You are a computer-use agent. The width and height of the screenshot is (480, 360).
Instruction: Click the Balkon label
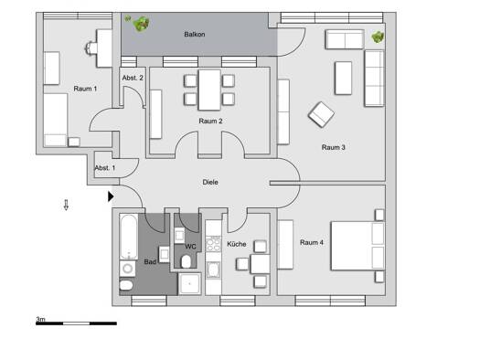pyautogui.click(x=195, y=34)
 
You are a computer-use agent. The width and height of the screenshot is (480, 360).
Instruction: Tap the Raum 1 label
pyautogui.click(x=85, y=89)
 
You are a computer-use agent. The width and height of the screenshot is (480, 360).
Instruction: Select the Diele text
pyautogui.click(x=210, y=182)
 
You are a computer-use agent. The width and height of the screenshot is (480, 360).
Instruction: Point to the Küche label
pyautogui.click(x=236, y=244)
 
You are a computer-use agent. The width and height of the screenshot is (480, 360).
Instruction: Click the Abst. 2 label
pyautogui.click(x=133, y=78)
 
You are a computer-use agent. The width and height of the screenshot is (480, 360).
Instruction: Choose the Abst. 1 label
pyautogui.click(x=105, y=168)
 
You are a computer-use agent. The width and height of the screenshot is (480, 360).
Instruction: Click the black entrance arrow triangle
pyautogui.click(x=111, y=196)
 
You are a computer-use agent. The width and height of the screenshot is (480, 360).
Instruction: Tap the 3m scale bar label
pyautogui.click(x=41, y=319)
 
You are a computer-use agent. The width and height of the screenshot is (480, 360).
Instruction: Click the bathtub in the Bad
pyautogui.click(x=128, y=237)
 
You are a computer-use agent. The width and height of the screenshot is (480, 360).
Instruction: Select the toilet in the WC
pyautogui.click(x=186, y=261)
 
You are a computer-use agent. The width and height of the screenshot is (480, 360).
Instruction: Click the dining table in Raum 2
pyautogui.click(x=209, y=90)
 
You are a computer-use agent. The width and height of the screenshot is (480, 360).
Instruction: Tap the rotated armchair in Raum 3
pyautogui.click(x=321, y=114)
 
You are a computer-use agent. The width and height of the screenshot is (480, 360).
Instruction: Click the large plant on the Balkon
pyautogui.click(x=142, y=24)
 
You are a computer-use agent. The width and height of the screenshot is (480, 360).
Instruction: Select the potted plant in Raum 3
pyautogui.click(x=379, y=37)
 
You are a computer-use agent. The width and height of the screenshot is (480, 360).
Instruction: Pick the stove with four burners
pyautogui.click(x=213, y=244)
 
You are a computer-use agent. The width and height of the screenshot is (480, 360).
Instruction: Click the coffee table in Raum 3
pyautogui.click(x=343, y=78)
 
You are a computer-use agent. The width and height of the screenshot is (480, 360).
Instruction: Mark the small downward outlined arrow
pyautogui.click(x=66, y=205)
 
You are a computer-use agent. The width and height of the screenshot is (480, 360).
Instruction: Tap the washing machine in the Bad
pyautogui.click(x=128, y=269)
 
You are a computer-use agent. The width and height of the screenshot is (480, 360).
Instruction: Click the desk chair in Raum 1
pyautogui.click(x=91, y=48)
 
